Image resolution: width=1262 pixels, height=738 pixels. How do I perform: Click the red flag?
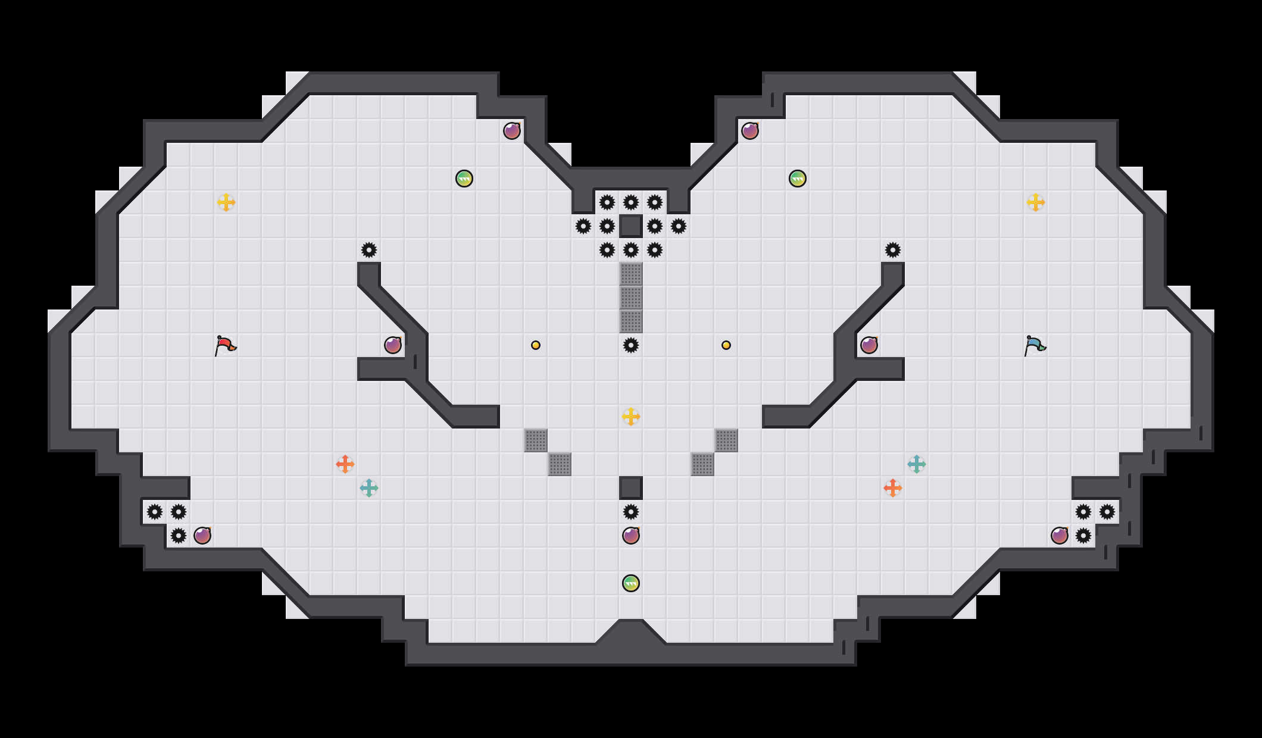pos(225,345)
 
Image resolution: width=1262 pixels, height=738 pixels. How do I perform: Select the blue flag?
pos(1035,345)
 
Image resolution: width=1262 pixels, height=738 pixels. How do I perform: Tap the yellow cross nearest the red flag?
pos(226,202)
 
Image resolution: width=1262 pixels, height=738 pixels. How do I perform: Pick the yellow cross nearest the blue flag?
pos(1036,202)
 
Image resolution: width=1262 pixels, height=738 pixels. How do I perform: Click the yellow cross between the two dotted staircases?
pos(631,417)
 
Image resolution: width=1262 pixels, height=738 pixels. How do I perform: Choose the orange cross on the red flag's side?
pos(345,464)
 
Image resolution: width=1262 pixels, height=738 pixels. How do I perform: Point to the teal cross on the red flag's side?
pos(369,488)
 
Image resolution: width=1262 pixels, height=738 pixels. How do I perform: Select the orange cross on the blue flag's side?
pos(893,488)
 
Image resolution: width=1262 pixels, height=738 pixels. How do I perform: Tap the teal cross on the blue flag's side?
pos(917,464)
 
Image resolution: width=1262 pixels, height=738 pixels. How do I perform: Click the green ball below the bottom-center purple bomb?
pos(631,583)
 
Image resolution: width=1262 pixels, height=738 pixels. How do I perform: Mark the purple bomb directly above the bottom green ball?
pos(631,536)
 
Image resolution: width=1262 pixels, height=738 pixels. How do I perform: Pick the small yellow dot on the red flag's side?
pos(536,345)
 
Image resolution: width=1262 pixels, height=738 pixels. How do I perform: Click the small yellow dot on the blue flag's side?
pos(726,345)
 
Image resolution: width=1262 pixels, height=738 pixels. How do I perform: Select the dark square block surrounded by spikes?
pos(631,226)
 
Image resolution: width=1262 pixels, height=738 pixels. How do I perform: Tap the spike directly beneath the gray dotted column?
pos(631,345)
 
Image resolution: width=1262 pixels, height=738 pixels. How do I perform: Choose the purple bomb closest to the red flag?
pos(393,345)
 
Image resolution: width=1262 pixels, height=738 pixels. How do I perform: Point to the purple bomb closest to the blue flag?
pos(869,345)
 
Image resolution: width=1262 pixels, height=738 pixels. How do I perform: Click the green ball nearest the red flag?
pos(464,179)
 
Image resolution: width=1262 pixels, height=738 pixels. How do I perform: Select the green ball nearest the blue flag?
pos(798,179)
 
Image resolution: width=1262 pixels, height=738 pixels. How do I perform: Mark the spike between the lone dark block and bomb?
pos(631,512)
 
